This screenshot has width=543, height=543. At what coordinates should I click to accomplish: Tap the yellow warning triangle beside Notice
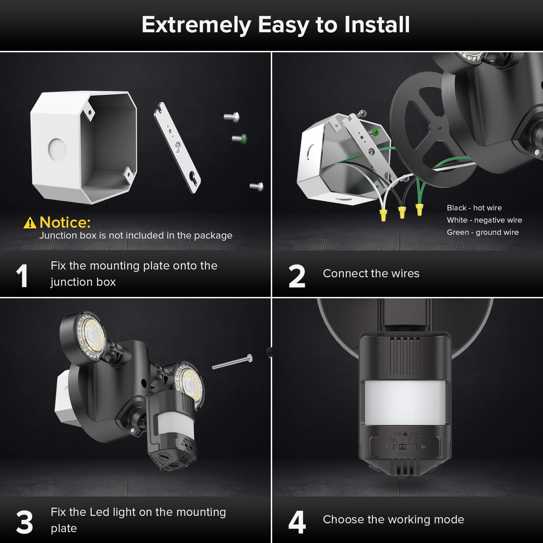point(30,223)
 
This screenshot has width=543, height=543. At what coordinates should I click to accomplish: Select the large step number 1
point(22,276)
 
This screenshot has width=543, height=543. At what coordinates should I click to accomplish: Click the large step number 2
point(297,276)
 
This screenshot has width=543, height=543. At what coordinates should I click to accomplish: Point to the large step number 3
point(24,522)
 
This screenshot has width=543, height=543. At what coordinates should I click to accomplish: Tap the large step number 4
point(297,522)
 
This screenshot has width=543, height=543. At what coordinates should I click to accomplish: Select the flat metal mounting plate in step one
point(177,148)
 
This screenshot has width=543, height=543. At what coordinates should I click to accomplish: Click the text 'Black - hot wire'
point(474,208)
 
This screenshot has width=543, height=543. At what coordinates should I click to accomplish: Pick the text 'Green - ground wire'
point(483,232)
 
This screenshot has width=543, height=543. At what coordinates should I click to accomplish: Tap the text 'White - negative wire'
point(484,220)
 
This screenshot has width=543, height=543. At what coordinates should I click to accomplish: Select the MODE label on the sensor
point(405,453)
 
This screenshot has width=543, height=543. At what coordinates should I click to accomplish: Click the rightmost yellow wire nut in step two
point(419,209)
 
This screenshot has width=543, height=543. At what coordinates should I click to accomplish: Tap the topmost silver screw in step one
point(232,117)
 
